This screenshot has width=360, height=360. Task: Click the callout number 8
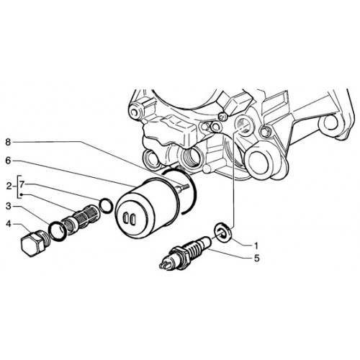click(8, 143)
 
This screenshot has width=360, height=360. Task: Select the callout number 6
click(8, 161)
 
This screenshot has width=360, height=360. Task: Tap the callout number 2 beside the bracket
click(9, 186)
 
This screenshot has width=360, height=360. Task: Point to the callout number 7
click(22, 184)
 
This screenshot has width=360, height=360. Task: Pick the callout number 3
click(9, 206)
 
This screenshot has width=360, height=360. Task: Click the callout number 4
click(9, 225)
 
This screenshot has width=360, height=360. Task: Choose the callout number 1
click(256, 246)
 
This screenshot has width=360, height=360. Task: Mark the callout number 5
click(257, 258)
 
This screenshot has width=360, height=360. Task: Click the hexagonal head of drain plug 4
click(30, 246)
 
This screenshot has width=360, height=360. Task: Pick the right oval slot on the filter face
click(132, 218)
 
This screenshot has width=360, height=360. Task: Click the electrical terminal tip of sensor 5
click(164, 264)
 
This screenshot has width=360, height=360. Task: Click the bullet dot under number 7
click(21, 194)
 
